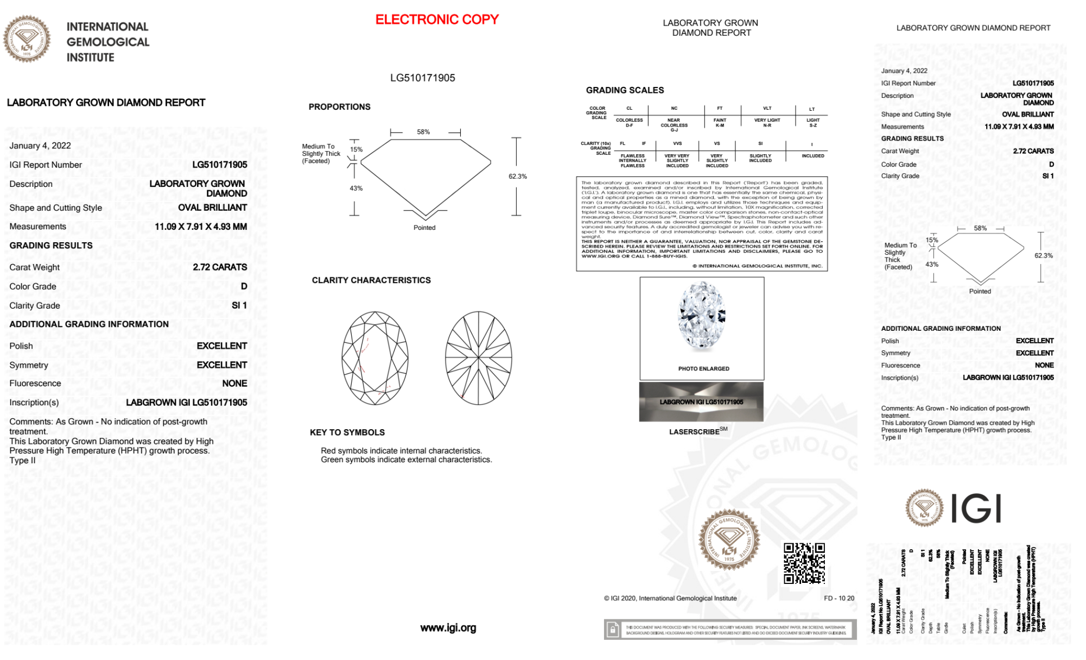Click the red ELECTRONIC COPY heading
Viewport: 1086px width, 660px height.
[437, 20]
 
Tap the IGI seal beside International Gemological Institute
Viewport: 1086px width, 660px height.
[27, 39]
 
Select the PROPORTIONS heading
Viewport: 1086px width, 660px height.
[339, 107]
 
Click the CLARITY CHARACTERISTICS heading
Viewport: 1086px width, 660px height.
[371, 280]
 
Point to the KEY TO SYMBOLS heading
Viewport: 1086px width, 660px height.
[347, 432]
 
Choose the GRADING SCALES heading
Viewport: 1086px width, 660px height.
[625, 90]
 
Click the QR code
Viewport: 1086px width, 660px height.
[804, 563]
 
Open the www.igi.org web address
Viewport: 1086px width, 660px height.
[448, 628]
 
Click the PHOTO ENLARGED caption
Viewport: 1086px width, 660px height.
[703, 369]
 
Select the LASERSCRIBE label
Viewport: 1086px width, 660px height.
[695, 432]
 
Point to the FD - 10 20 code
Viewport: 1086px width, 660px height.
[839, 598]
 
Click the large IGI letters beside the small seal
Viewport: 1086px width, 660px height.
[976, 509]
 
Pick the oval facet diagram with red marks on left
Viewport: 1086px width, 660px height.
[375, 358]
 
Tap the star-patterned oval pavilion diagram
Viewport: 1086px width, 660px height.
[479, 358]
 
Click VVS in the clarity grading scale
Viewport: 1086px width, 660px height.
[677, 143]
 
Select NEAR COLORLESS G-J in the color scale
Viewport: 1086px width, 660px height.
[674, 125]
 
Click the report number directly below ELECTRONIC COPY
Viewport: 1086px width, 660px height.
[422, 78]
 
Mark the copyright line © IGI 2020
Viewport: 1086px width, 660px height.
[670, 598]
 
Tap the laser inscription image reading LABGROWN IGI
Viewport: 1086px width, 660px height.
[701, 402]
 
